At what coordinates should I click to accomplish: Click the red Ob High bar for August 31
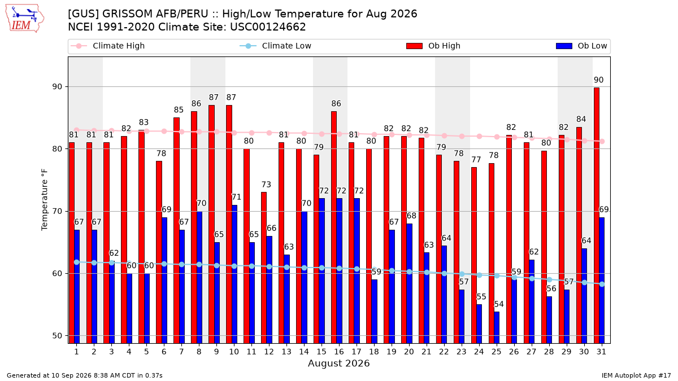[597, 215]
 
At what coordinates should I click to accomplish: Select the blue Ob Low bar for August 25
[497, 327]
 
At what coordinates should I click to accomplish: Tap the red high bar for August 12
[264, 268]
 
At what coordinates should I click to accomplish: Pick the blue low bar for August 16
[340, 271]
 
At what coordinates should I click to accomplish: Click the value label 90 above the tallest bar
[598, 80]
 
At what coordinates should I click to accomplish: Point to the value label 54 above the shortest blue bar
[499, 304]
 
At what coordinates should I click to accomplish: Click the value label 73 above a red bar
[266, 185]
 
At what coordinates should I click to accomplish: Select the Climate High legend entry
[108, 46]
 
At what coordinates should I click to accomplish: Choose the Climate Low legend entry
[276, 46]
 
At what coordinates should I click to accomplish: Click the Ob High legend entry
[433, 46]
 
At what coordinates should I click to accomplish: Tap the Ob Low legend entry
[581, 46]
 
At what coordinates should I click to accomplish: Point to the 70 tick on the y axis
[57, 211]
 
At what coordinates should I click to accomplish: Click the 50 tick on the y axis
[57, 336]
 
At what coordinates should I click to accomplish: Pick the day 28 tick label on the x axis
[549, 352]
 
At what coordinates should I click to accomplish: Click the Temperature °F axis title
[45, 200]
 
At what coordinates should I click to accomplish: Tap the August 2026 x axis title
[338, 363]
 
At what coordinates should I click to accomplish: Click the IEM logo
[25, 19]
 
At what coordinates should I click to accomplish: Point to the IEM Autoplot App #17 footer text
[636, 375]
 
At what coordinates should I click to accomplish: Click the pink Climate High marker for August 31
[602, 141]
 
